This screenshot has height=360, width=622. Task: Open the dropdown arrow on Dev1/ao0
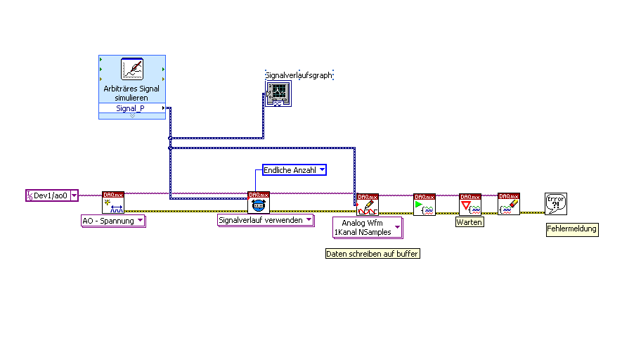coord(74,195)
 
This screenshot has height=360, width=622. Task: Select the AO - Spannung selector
coord(113,221)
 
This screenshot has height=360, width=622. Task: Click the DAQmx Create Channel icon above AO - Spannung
coord(113,202)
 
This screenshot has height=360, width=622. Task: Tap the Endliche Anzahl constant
coord(294,169)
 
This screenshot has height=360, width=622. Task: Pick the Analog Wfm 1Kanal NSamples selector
coord(367,227)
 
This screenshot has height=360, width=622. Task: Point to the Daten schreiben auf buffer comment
coord(372,254)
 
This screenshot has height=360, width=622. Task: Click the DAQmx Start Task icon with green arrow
coord(425,205)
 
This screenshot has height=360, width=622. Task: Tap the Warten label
coord(469,222)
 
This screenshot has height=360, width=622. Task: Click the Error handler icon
coord(556,204)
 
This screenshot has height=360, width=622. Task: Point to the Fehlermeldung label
coord(572,229)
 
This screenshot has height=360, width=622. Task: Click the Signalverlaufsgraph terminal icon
coord(278,93)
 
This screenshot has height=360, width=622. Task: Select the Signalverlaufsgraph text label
coord(299,75)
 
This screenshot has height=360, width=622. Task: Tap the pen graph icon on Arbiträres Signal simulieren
coord(132,69)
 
